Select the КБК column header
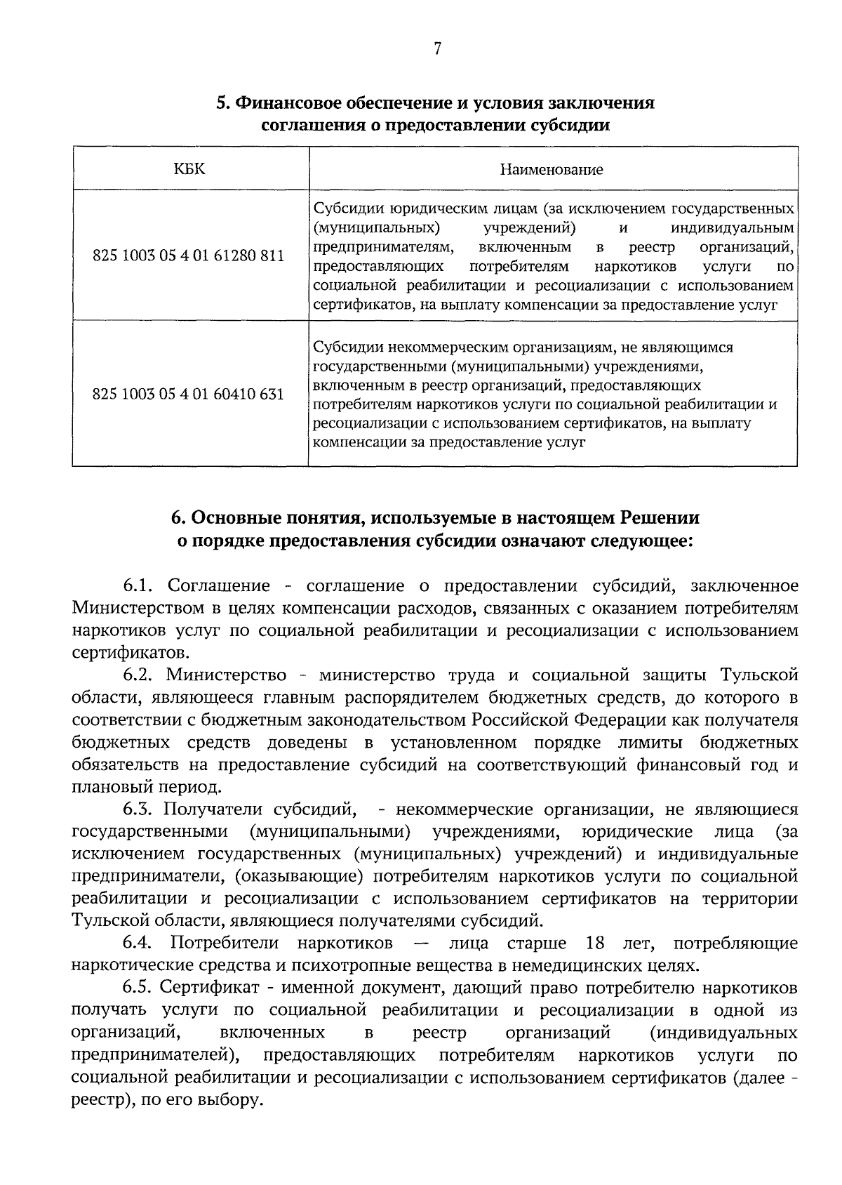point(189,168)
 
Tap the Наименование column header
point(552,169)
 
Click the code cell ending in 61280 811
point(189,256)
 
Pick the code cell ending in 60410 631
point(189,395)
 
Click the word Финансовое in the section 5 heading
point(293,103)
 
